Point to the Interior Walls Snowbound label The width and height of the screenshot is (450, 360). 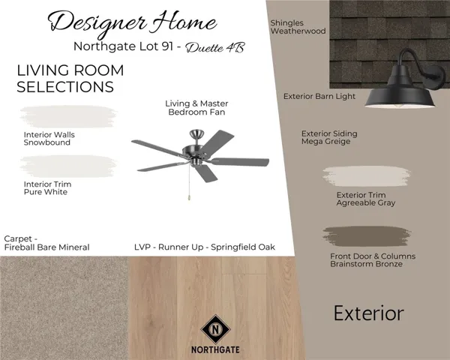49,139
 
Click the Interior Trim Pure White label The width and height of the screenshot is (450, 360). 46,187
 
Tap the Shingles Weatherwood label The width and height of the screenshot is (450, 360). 298,27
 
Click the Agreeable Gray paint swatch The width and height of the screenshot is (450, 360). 369,177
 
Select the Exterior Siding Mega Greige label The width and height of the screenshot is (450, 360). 329,137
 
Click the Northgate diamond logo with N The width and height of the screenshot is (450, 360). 215,328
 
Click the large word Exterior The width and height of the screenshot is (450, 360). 369,313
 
